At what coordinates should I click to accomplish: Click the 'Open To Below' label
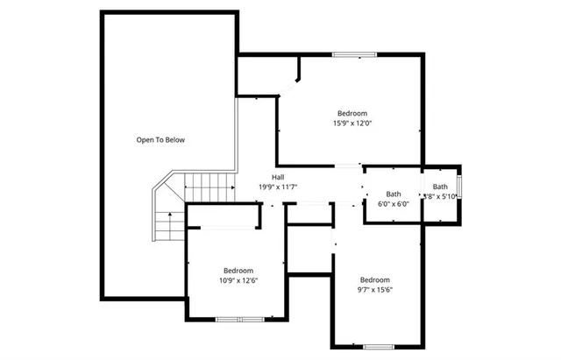(x=160, y=140)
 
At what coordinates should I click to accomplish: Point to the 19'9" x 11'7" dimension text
(x=278, y=187)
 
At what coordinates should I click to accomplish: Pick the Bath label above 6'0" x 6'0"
(x=394, y=194)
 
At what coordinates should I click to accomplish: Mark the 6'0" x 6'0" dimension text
(x=394, y=204)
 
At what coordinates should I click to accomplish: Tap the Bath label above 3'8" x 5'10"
(x=439, y=187)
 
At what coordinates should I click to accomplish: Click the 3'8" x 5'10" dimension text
(x=439, y=197)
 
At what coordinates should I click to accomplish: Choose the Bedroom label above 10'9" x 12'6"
(x=238, y=271)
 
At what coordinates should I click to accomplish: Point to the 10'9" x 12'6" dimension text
(x=238, y=281)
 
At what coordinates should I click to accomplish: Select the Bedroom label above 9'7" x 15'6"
(x=374, y=279)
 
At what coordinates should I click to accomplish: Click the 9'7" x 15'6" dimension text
(x=374, y=290)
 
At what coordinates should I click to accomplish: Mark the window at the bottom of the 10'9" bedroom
(x=240, y=320)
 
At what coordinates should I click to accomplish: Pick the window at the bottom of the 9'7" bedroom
(x=379, y=347)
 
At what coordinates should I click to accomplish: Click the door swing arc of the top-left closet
(x=289, y=85)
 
